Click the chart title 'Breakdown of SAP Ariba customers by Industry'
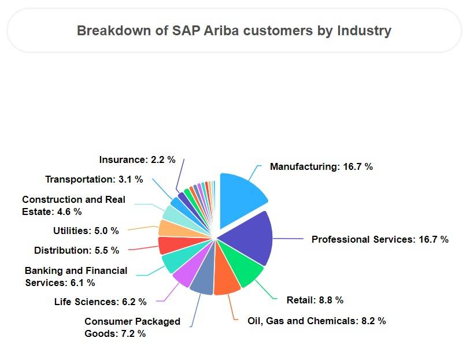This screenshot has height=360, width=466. coord(234,31)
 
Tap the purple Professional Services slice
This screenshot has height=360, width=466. coord(249,237)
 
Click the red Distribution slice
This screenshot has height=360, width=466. coord(169,245)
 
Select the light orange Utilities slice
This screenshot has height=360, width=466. coord(168,228)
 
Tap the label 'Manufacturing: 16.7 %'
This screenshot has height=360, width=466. coord(321,166)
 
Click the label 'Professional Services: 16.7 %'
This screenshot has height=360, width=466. coord(380,239)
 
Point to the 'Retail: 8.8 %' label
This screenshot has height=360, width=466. coord(315,300)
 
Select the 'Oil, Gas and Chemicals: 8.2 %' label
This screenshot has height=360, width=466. coord(316,321)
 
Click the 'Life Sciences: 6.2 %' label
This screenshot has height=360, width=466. coord(100,302)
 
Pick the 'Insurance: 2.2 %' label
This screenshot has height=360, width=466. coord(137,159)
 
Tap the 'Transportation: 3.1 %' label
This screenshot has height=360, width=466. coord(94,179)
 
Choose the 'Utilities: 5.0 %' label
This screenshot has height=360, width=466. coord(86,231)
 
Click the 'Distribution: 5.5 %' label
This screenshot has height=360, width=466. coord(76,250)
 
